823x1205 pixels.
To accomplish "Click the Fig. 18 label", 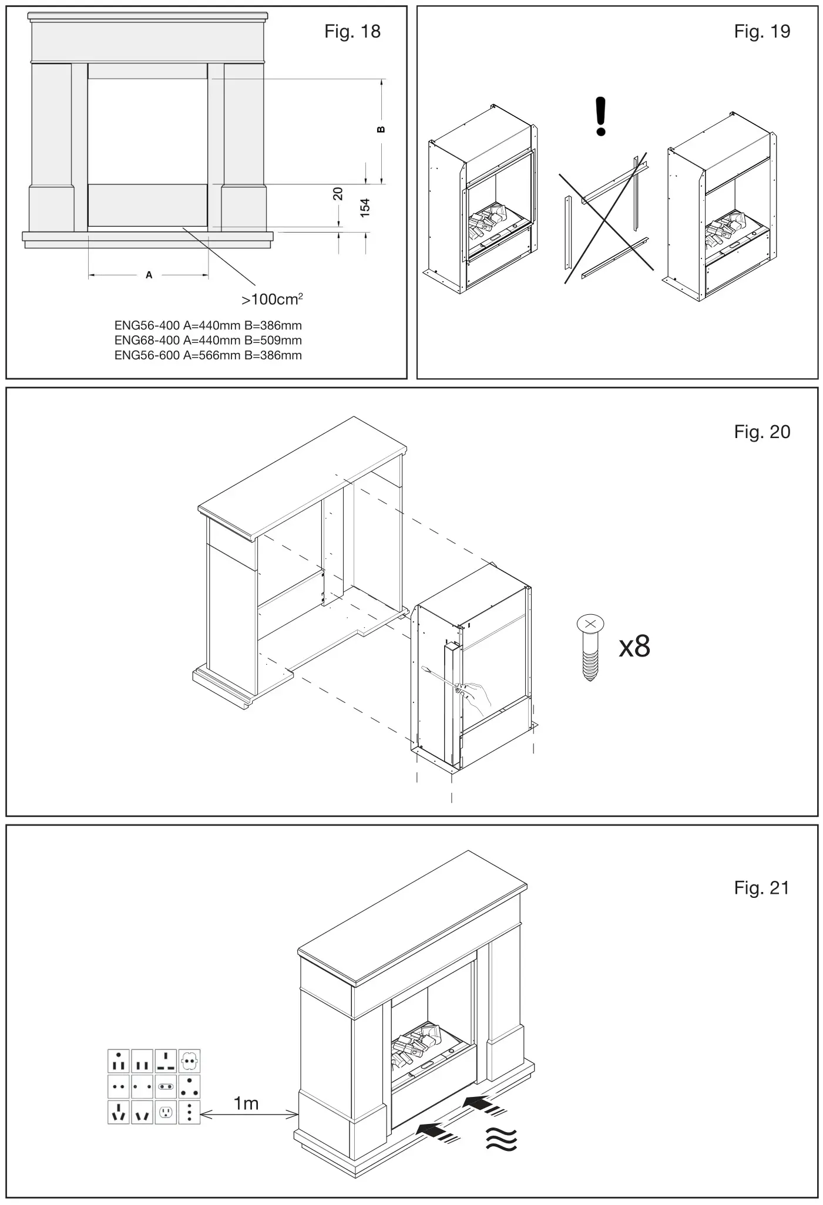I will (352, 31).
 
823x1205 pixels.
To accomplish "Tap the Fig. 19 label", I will (761, 31).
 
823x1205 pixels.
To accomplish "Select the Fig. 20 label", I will (761, 432).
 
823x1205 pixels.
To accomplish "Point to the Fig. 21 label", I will (761, 888).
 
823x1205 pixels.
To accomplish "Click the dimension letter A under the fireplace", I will (149, 275).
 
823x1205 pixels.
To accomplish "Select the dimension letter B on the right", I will (381, 130).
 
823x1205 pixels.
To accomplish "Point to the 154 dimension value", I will (365, 207).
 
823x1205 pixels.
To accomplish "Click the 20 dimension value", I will (338, 194).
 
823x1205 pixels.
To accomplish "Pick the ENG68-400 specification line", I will (208, 341).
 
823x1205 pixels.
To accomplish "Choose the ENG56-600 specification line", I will (208, 355).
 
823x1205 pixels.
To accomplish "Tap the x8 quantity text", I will (634, 647).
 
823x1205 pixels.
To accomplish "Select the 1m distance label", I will (246, 1104).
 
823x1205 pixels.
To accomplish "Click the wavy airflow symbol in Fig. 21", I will (501, 1140).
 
